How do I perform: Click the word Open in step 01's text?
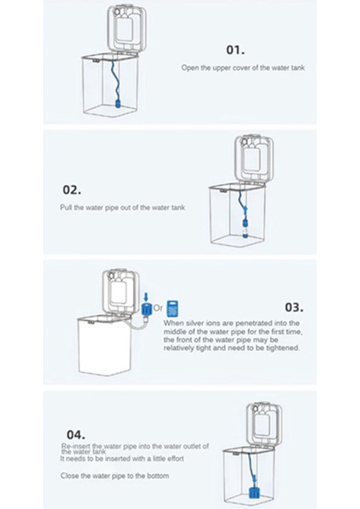(x=191, y=67)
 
